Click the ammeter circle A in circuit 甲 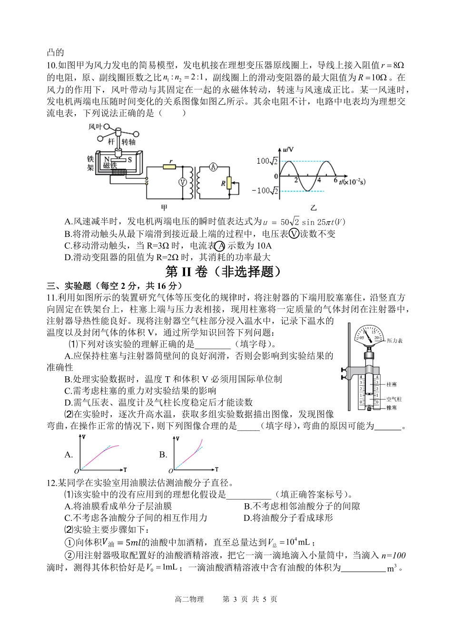pos(214,166)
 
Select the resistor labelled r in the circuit pos(169,166)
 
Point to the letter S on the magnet pos(129,159)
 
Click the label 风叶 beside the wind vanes pos(96,127)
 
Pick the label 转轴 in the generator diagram pos(128,142)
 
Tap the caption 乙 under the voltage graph pos(313,207)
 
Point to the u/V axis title pos(288,149)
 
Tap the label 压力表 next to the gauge pos(395,341)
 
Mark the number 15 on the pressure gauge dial pos(373,333)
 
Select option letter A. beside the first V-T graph pos(69,454)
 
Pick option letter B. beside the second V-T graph pos(163,454)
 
